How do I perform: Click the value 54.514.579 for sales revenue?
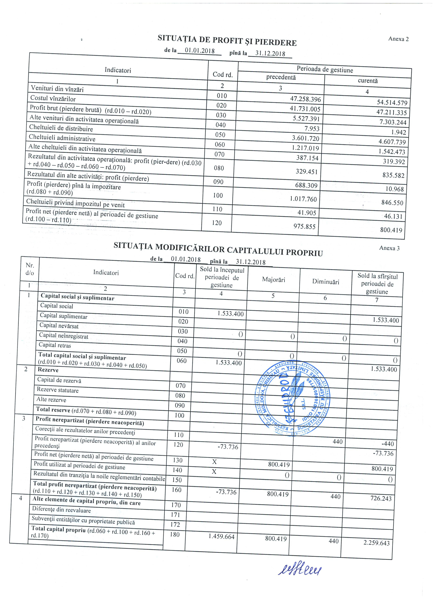(x=392, y=102)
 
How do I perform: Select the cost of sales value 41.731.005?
(x=305, y=109)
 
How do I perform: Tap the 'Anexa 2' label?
(x=398, y=39)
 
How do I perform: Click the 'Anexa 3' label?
(x=389, y=248)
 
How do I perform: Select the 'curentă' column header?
(x=367, y=81)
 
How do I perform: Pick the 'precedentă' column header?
(x=281, y=77)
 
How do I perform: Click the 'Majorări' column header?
(x=274, y=280)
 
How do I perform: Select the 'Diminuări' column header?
(x=325, y=282)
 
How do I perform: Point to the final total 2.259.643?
(x=376, y=543)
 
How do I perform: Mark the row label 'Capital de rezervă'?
(x=59, y=380)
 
